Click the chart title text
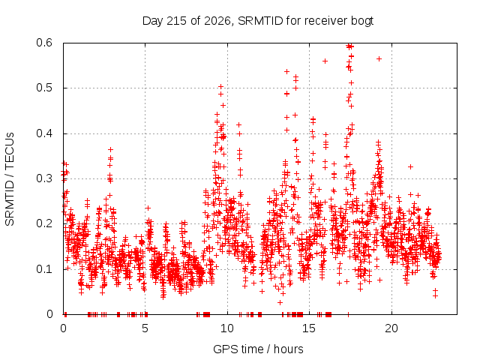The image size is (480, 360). [258, 21]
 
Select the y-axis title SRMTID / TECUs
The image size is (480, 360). [10, 179]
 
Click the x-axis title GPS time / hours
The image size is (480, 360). [258, 349]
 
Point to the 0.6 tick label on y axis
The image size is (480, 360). [44, 43]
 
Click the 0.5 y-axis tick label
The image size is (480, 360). [44, 88]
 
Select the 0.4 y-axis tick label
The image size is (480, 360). [44, 133]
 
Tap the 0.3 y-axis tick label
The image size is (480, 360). [44, 178]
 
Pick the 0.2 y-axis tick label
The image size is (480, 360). [44, 223]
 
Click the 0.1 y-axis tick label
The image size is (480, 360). [44, 269]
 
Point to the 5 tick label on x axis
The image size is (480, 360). [145, 328]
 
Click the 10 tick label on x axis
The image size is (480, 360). [227, 328]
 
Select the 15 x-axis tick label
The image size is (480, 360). [309, 328]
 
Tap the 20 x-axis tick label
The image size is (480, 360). [391, 328]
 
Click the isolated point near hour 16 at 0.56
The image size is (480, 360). [325, 61]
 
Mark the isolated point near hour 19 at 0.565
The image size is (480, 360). [379, 58]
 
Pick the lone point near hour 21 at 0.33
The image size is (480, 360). [410, 166]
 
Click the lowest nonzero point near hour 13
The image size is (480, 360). [280, 302]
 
